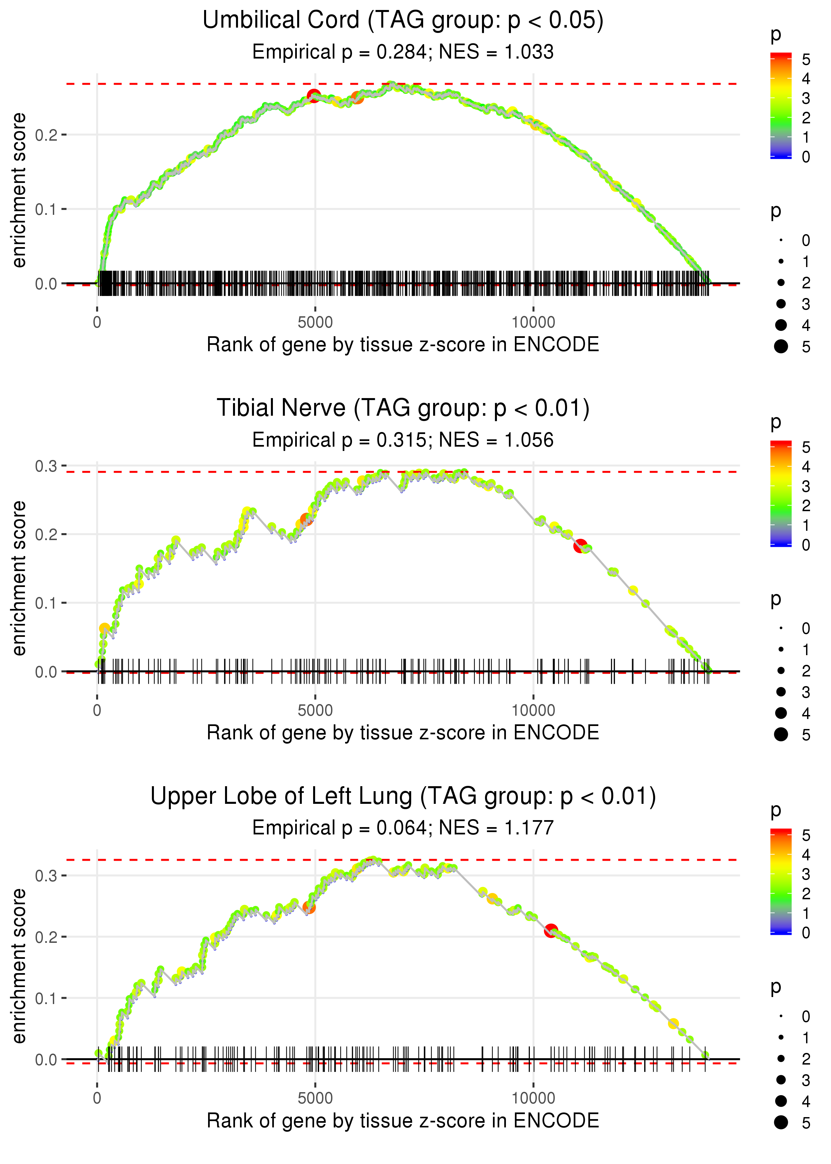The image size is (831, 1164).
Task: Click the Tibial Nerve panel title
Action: pos(403,408)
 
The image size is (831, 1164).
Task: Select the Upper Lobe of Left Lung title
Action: pos(403,797)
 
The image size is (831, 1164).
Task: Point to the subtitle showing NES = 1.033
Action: pos(403,52)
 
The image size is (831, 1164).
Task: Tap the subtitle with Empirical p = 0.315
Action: pos(403,440)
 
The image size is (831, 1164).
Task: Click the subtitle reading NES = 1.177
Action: pos(403,828)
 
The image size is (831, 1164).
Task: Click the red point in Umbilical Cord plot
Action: pos(314,95)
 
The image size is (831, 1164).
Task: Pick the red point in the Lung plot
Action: pos(550,931)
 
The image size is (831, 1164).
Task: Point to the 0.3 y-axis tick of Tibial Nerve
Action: pos(46,466)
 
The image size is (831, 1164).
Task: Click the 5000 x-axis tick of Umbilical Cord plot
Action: pos(315,323)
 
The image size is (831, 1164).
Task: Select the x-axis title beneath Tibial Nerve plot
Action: pos(403,733)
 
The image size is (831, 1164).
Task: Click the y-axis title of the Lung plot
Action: pos(19,965)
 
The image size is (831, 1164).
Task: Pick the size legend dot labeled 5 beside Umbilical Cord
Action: pos(781,347)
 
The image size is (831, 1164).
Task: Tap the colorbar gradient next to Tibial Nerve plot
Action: pos(780,494)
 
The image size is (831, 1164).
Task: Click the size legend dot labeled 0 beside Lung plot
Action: pos(781,1016)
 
